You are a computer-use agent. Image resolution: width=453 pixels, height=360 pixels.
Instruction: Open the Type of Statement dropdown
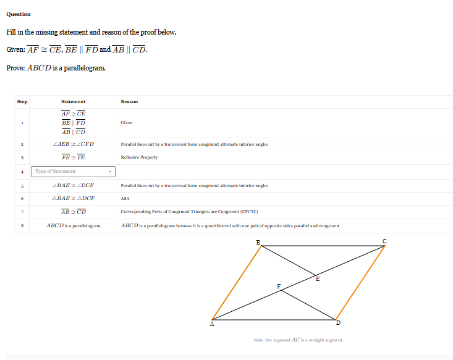(x=74, y=171)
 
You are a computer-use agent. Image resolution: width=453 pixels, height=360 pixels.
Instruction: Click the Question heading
(x=19, y=14)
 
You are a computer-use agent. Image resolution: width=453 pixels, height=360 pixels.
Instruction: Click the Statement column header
(x=73, y=101)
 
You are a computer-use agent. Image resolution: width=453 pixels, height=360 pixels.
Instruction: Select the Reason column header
(x=129, y=101)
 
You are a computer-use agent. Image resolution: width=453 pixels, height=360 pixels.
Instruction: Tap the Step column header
(x=22, y=101)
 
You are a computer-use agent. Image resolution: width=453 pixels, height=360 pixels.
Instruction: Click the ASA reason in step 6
(x=125, y=198)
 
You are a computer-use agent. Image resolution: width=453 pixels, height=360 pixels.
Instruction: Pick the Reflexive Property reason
(x=139, y=157)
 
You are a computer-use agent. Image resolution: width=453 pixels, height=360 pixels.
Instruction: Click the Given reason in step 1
(x=127, y=122)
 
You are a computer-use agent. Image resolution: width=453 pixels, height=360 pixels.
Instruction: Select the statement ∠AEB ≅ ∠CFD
(x=74, y=144)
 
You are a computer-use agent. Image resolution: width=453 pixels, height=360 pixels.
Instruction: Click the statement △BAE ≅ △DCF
(x=74, y=198)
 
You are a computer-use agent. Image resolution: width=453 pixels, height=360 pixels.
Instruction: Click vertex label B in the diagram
(x=258, y=241)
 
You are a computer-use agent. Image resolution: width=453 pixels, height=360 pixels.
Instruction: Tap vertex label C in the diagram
(x=384, y=241)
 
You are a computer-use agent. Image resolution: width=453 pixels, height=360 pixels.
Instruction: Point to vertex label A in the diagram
(x=212, y=324)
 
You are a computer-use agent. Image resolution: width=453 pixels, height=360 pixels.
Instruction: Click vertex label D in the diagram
(x=338, y=323)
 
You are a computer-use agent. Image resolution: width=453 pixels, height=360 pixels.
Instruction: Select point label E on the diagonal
(x=318, y=279)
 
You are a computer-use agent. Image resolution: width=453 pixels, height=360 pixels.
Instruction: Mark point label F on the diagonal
(x=278, y=286)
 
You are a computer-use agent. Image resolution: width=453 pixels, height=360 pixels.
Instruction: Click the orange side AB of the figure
(x=236, y=282)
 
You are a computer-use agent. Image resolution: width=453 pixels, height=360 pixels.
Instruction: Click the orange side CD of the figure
(x=360, y=282)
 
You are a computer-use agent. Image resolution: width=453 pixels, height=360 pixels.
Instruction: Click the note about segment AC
(x=298, y=340)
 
